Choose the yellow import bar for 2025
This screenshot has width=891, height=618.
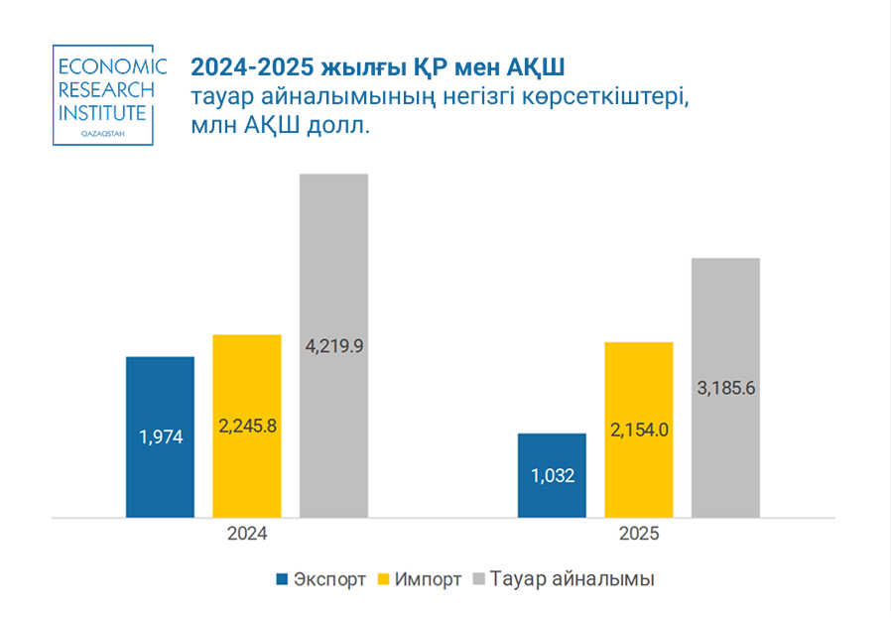click(x=639, y=476)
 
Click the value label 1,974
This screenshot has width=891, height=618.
click(x=160, y=436)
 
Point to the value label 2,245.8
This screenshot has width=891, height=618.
click(x=247, y=426)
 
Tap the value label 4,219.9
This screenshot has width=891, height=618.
click(x=334, y=346)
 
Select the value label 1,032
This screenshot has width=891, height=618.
click(x=553, y=475)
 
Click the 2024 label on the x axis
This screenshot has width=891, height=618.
click(x=247, y=534)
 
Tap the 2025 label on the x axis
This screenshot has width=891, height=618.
click(x=639, y=534)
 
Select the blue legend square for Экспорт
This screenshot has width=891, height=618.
click(x=282, y=579)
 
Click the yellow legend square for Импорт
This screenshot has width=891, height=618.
click(x=382, y=579)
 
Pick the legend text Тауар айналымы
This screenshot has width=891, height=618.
click(x=572, y=579)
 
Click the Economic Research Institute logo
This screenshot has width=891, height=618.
click(x=102, y=95)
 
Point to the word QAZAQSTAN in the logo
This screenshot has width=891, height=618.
click(x=102, y=131)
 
